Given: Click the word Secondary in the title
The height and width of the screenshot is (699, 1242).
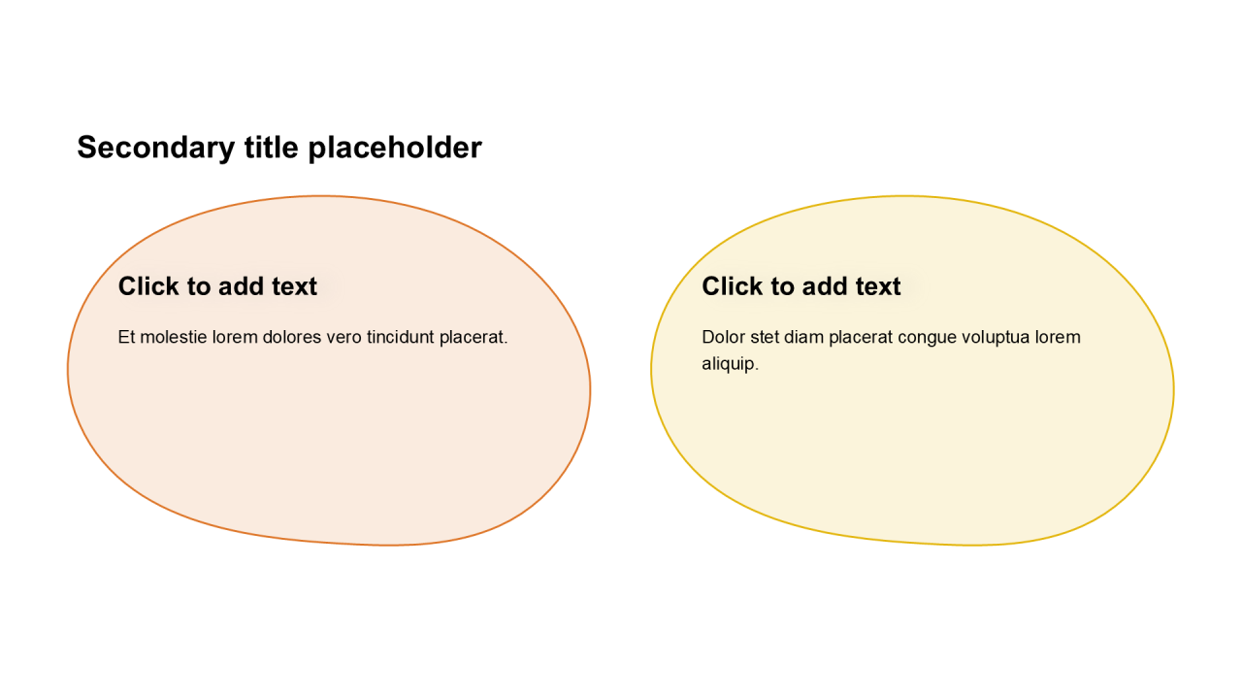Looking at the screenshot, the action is tap(156, 149).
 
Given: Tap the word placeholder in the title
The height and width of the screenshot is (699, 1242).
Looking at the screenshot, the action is tap(395, 149).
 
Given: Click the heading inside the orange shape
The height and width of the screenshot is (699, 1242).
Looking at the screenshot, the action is tap(217, 286).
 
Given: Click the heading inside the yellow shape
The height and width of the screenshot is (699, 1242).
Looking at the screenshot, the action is tap(801, 286).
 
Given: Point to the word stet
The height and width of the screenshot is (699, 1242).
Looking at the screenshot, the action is tap(765, 337).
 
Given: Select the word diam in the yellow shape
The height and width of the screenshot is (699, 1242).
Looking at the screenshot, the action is tap(804, 337).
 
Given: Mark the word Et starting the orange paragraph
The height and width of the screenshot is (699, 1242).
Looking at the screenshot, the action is tap(126, 337).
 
